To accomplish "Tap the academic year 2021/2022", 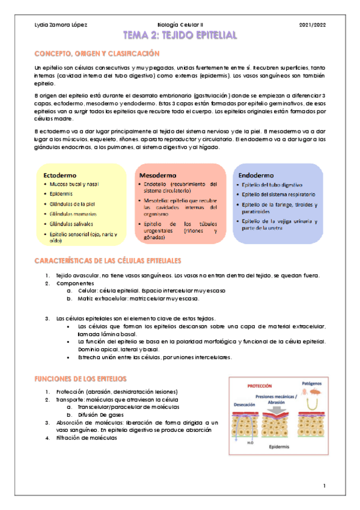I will coord(312,25).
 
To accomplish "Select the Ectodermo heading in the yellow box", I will coord(59,174).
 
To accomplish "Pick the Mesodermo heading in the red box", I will coord(157,174).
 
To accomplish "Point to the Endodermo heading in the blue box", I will coord(257,175).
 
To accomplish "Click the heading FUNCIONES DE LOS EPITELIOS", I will coord(81,379).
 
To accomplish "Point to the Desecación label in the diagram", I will coord(245,405).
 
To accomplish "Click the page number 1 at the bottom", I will coord(324,485).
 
